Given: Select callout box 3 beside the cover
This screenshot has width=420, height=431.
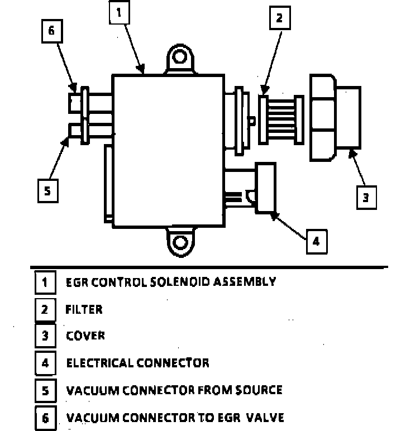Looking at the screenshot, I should tap(366, 197).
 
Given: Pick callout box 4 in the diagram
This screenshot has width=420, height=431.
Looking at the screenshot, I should tap(315, 242).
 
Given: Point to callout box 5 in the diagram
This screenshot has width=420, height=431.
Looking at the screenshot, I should tap(47, 190).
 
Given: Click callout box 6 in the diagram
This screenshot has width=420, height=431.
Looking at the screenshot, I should tap(51, 31).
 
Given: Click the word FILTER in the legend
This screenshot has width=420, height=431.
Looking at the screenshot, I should tap(84, 309).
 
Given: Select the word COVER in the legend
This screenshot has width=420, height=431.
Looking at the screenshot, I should tap(85, 336).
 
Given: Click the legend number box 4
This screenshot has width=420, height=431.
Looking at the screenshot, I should tap(45, 363).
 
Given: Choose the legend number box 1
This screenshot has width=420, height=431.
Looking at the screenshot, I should tap(45, 282).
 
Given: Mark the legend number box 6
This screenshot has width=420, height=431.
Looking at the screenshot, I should tap(45, 418).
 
